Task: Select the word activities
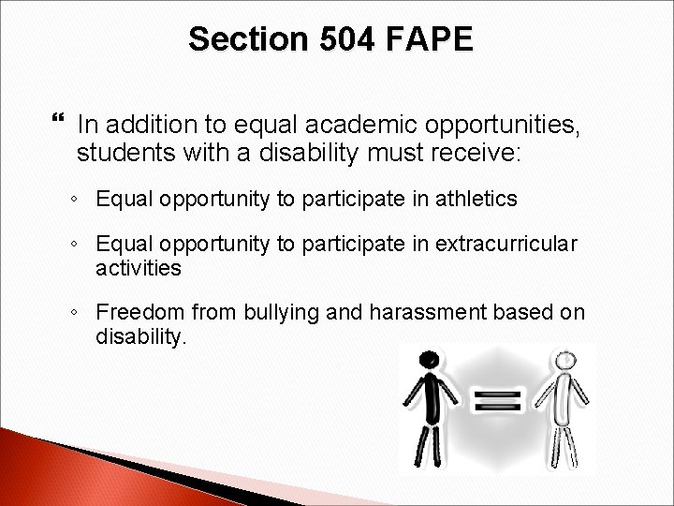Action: pyautogui.click(x=139, y=268)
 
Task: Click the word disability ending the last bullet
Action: pyautogui.click(x=141, y=335)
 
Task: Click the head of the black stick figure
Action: pyautogui.click(x=429, y=360)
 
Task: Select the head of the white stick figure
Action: pyautogui.click(x=564, y=360)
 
